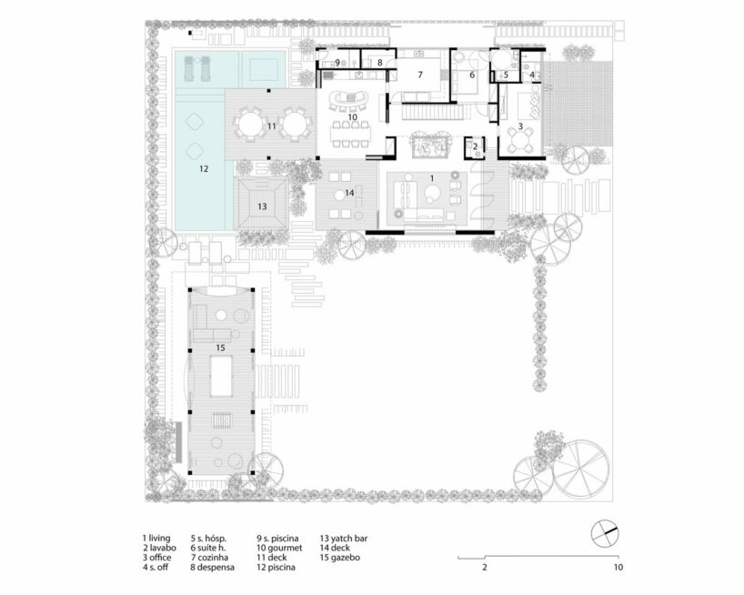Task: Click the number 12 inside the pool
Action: (x=204, y=168)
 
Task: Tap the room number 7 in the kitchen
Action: (x=420, y=75)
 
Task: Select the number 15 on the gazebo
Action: (x=220, y=348)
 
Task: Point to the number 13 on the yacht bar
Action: (x=262, y=207)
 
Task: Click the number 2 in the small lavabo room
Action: (x=476, y=147)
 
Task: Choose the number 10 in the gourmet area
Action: (x=352, y=116)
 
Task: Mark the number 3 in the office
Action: (x=520, y=126)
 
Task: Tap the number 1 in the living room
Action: (x=432, y=178)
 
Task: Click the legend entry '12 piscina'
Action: (x=276, y=567)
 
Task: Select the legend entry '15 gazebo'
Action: (x=340, y=558)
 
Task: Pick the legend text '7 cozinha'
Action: (x=210, y=558)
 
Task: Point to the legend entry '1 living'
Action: (x=156, y=538)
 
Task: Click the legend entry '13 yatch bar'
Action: (x=344, y=538)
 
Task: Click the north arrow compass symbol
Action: (x=605, y=533)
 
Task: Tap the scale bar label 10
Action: (x=618, y=567)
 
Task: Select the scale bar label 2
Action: (x=485, y=567)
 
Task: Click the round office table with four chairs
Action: (x=520, y=139)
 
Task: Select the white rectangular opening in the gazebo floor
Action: (x=221, y=377)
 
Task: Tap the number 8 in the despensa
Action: (x=380, y=63)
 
